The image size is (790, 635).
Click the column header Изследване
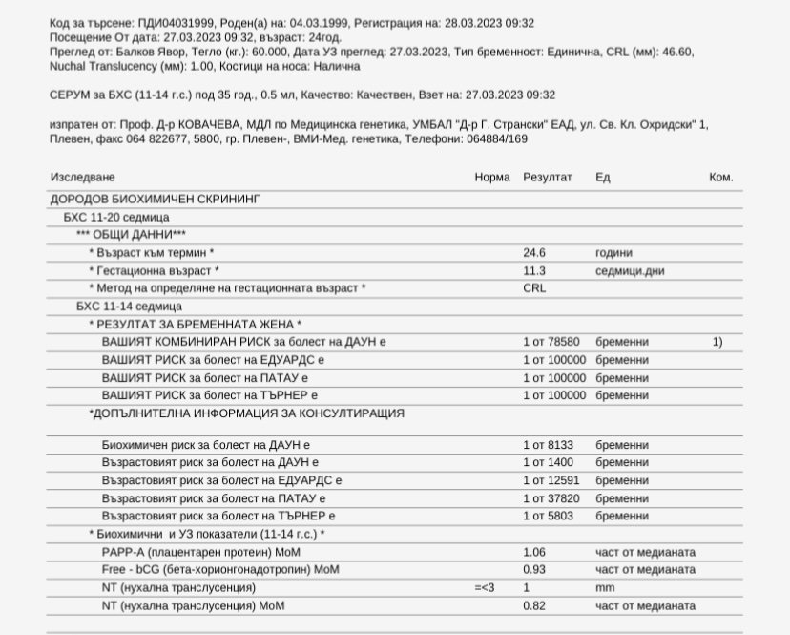(82, 178)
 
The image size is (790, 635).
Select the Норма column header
(492, 178)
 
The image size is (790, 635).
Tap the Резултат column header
(547, 178)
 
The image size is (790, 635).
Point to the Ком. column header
(720, 178)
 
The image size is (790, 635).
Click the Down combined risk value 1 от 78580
(551, 341)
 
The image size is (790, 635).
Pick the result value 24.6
(534, 253)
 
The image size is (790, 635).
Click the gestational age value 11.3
(534, 271)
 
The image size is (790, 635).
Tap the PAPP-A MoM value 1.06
(534, 552)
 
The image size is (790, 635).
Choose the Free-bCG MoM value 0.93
(534, 570)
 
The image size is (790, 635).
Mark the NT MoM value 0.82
(534, 606)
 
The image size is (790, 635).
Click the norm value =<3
(486, 588)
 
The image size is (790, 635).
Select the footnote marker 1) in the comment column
(717, 341)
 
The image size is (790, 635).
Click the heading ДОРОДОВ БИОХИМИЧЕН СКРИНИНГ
(154, 200)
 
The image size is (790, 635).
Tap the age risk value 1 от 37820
(550, 498)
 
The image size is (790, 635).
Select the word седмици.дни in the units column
(630, 271)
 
